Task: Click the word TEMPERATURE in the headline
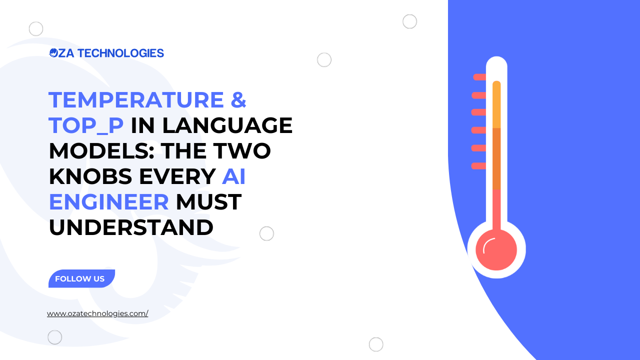[x=136, y=99]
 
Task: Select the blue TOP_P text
[x=86, y=125]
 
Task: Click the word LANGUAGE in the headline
[x=227, y=125]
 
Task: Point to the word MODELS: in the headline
[x=101, y=150]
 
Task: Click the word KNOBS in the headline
[x=90, y=176]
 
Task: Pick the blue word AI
[x=233, y=176]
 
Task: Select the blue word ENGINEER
[x=109, y=201]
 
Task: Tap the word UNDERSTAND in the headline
[x=131, y=227]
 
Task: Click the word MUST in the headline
[x=209, y=201]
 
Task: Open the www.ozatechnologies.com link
[x=97, y=313]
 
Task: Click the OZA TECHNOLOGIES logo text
[x=106, y=53]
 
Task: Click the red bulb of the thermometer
[x=496, y=249]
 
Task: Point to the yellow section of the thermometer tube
[x=496, y=104]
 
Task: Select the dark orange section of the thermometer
[x=496, y=159]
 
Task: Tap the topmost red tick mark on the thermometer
[x=479, y=77]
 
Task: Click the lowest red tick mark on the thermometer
[x=479, y=166]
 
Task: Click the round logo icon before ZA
[x=53, y=53]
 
